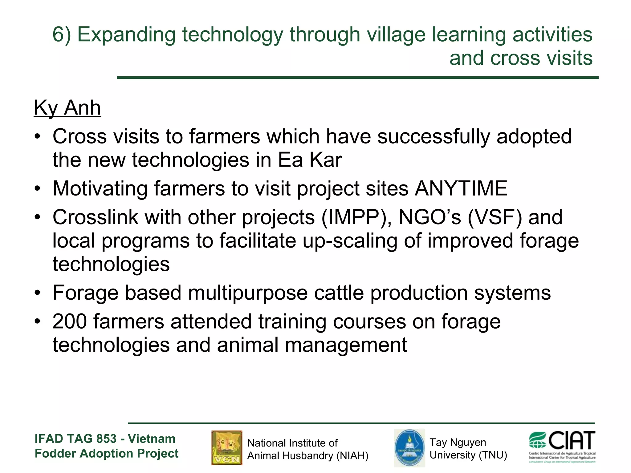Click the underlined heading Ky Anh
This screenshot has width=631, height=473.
click(67, 108)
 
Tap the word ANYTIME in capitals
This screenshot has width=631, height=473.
click(461, 188)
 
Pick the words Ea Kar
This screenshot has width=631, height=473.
click(310, 160)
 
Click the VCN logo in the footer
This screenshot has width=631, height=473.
click(227, 447)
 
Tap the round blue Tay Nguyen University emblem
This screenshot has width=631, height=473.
click(409, 448)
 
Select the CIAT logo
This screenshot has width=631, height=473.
click(562, 447)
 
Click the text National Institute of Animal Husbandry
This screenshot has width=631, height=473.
click(307, 449)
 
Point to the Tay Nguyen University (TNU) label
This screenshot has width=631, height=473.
click(468, 449)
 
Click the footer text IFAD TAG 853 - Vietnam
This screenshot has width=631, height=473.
click(105, 439)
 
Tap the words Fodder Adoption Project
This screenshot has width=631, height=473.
click(106, 453)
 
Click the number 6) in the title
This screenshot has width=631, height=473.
click(62, 34)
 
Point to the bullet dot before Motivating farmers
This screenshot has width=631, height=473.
click(37, 189)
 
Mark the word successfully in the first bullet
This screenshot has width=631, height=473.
click(434, 136)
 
